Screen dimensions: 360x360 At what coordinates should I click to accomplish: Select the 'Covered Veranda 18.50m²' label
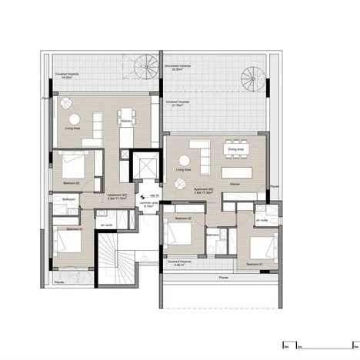[x=68, y=75]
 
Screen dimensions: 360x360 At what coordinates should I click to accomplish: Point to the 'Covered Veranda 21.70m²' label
[x=177, y=104]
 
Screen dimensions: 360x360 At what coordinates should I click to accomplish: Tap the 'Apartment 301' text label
[x=120, y=195]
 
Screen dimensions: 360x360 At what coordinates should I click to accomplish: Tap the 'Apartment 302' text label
[x=205, y=188]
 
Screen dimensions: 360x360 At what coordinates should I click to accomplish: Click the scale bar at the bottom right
[x=314, y=344]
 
